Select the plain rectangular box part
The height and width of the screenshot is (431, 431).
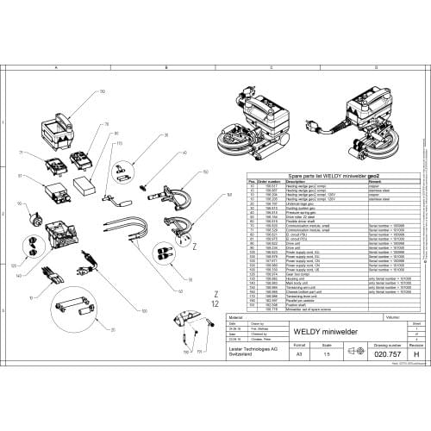pyautogui.click(x=85, y=185)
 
